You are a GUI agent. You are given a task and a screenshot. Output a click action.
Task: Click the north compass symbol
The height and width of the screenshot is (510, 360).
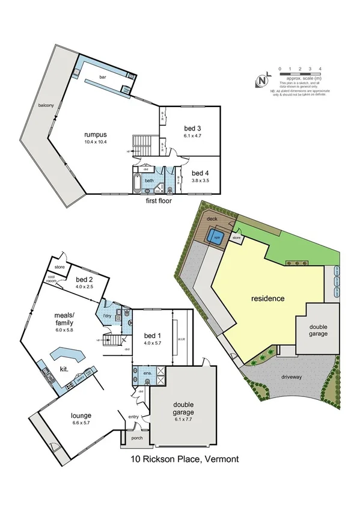tap(263, 81)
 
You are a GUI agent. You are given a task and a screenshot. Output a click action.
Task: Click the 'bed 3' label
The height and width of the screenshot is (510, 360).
tap(192, 128)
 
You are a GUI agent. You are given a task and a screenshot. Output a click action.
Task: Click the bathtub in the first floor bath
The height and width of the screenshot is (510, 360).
tap(136, 183)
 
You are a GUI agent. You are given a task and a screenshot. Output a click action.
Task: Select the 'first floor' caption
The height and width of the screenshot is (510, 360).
tap(159, 201)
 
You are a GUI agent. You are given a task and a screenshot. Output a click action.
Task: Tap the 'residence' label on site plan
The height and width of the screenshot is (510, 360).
tap(267, 298)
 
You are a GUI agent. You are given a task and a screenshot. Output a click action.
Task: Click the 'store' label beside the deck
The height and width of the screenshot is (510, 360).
tap(236, 239)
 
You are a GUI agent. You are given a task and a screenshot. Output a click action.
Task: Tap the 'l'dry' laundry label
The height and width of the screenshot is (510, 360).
tap(108, 316)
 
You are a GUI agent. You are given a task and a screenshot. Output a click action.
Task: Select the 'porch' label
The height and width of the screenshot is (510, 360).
tap(135, 438)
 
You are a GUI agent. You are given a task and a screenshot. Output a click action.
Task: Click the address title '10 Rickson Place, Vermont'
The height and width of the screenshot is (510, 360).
tap(185, 459)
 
